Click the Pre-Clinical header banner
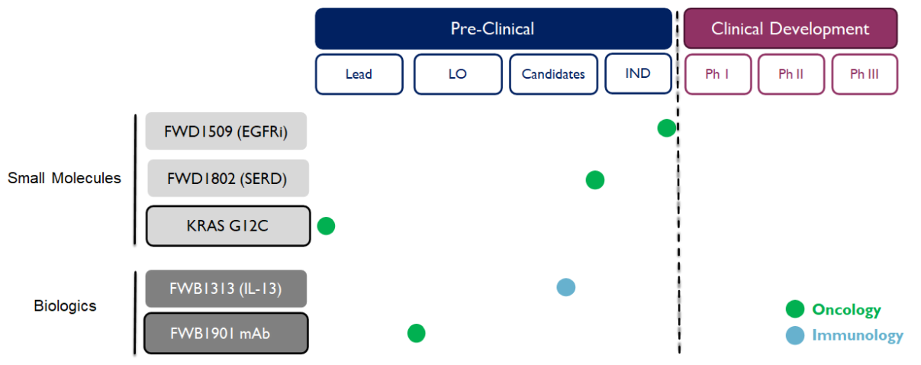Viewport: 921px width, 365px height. (494, 28)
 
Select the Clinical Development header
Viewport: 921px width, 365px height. (791, 28)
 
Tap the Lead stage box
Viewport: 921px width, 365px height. (359, 74)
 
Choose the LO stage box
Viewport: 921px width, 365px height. (458, 74)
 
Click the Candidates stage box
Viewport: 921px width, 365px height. (553, 74)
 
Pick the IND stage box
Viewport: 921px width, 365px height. (638, 73)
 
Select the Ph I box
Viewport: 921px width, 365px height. (718, 74)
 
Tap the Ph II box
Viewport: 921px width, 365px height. (791, 74)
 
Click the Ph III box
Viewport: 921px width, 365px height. (865, 74)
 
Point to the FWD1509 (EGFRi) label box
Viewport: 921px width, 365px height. (226, 131)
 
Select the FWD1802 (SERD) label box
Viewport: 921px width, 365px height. (228, 178)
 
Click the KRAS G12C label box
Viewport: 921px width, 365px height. (228, 226)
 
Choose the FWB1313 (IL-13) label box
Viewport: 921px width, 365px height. (226, 289)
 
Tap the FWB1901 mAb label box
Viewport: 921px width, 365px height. (226, 334)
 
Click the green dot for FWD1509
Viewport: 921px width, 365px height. (666, 128)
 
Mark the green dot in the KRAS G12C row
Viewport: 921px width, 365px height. (326, 226)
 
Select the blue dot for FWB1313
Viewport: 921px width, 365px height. (565, 287)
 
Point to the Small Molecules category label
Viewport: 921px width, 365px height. (64, 178)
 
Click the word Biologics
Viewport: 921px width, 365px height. (65, 306)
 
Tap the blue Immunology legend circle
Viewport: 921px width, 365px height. (795, 335)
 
